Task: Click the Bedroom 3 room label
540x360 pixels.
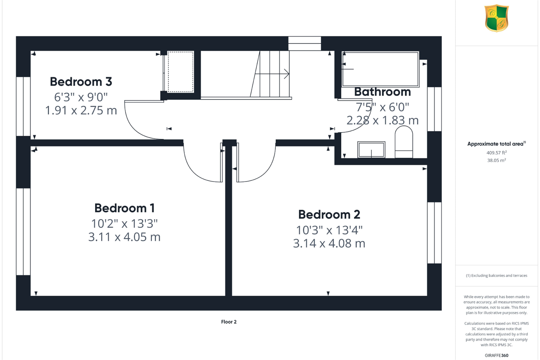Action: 81,82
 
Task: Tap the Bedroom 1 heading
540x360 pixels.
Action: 125,208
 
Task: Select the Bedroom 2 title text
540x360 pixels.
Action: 329,215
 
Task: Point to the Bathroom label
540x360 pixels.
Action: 382,92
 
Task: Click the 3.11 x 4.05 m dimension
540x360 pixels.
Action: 125,237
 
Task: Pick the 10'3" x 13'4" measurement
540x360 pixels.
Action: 329,230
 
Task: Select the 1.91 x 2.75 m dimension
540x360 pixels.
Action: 81,111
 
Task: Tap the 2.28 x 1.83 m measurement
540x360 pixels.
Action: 382,120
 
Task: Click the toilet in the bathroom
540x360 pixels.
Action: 404,142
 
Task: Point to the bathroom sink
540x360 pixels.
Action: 371,150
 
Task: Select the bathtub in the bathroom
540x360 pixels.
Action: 381,69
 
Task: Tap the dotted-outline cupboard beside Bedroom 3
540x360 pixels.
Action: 181,72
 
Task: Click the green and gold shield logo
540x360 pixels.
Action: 496,18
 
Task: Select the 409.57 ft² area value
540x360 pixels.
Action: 496,153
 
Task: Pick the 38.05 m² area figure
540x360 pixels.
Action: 496,160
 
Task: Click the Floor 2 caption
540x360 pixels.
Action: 229,322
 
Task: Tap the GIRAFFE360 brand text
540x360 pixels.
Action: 496,355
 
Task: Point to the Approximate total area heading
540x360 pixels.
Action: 496,144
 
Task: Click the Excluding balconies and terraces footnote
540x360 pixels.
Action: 496,275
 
